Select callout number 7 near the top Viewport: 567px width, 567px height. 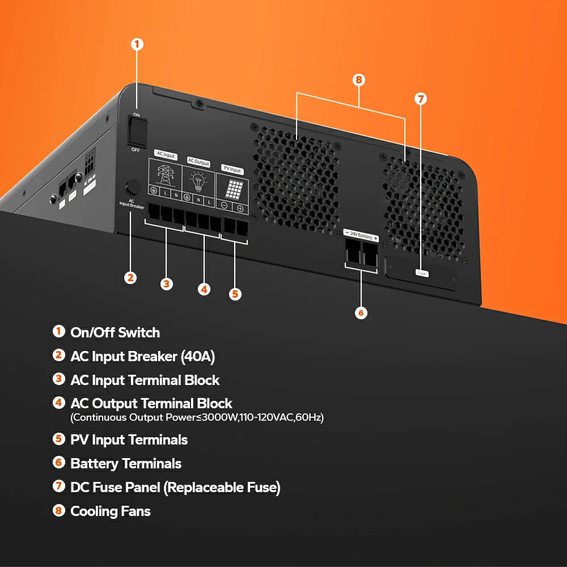click(420, 99)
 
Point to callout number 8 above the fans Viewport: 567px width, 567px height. click(358, 79)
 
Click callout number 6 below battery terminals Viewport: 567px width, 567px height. click(361, 312)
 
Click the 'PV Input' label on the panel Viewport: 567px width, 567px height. click(231, 170)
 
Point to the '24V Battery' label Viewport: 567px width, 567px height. click(361, 236)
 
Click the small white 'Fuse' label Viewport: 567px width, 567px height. click(422, 273)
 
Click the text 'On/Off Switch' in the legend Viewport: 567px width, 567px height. click(115, 333)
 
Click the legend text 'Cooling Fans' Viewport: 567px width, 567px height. click(111, 511)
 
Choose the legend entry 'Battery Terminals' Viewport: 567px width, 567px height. click(126, 464)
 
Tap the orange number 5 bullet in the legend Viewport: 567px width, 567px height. click(58, 439)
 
